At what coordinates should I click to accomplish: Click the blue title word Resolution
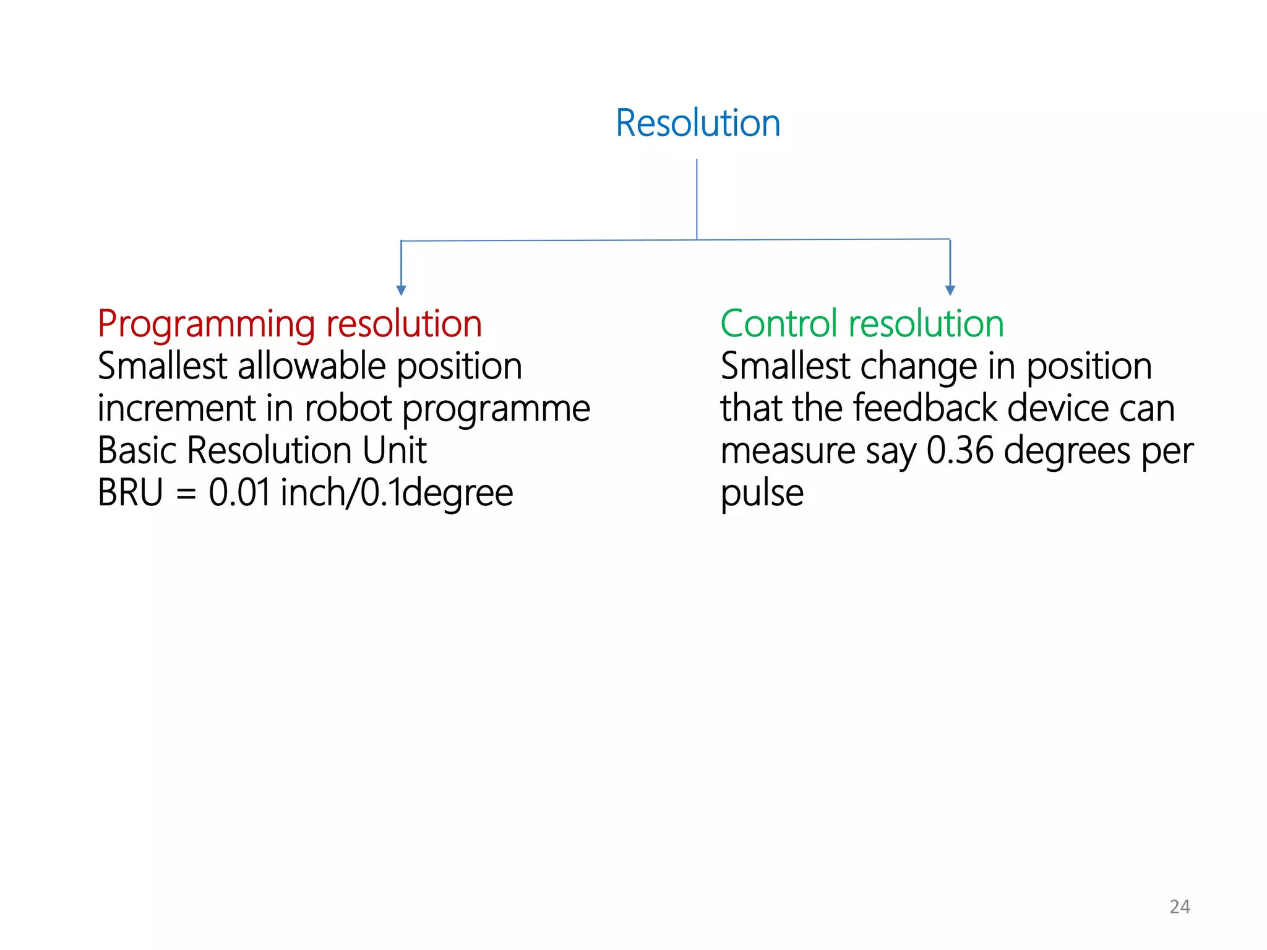(698, 123)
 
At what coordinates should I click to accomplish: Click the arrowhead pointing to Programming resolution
(401, 290)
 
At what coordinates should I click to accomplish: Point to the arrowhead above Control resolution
(950, 290)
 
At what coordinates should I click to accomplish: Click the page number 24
(1180, 907)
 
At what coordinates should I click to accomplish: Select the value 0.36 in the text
(960, 450)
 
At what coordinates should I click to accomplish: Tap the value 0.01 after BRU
(239, 493)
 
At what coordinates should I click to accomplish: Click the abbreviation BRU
(131, 493)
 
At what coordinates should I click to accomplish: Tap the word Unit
(394, 450)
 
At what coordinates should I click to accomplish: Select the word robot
(348, 408)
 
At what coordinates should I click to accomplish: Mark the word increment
(177, 408)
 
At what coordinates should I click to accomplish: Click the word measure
(788, 451)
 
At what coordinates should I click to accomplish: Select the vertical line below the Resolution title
(697, 198)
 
